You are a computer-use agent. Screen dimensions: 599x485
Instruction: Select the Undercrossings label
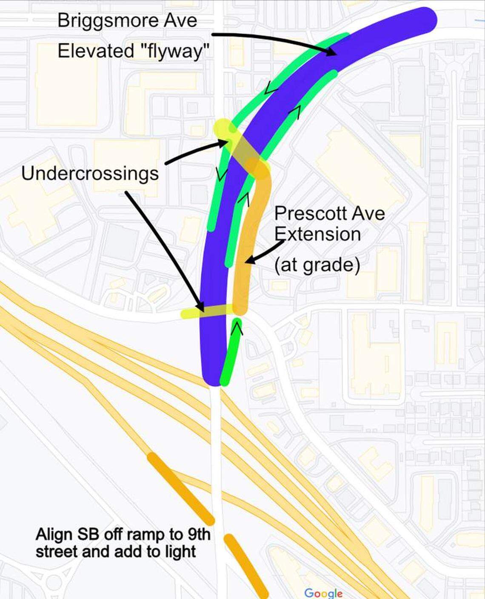(x=90, y=173)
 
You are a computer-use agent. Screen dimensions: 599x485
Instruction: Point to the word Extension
(x=317, y=234)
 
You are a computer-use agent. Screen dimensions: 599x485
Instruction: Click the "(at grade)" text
(x=317, y=265)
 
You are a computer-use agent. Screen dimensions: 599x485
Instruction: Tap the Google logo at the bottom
(x=323, y=593)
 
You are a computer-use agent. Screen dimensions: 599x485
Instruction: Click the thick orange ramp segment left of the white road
(x=181, y=488)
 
